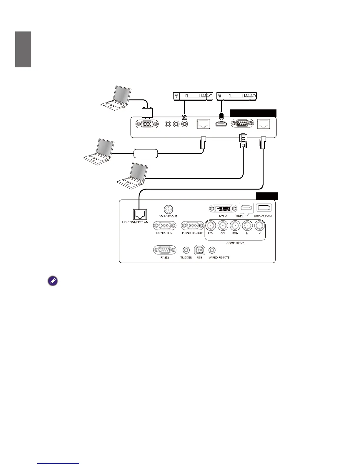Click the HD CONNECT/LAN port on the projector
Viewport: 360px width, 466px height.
(x=139, y=214)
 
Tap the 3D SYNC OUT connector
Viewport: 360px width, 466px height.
(x=168, y=209)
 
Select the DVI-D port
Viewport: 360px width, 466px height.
(x=223, y=209)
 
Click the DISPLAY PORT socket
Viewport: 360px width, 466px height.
(x=264, y=208)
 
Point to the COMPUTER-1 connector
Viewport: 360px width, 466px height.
(x=165, y=226)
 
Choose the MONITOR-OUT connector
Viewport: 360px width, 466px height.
(x=192, y=226)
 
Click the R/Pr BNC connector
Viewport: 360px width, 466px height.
(x=211, y=226)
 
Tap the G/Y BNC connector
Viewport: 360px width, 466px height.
(x=223, y=226)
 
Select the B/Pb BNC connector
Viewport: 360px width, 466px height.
(x=235, y=226)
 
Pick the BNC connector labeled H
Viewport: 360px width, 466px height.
(x=247, y=226)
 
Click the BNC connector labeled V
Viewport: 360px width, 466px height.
(x=259, y=226)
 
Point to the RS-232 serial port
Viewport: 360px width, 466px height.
(x=165, y=250)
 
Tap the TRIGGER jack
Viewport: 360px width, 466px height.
(x=186, y=250)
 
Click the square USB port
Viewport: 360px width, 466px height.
(x=199, y=250)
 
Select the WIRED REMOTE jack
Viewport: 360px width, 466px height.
(x=212, y=250)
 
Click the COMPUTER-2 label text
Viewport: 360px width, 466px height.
(x=235, y=243)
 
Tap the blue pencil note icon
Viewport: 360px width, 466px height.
(x=53, y=281)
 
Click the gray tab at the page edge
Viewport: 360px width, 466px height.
(x=23, y=49)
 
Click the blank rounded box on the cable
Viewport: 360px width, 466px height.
(x=146, y=154)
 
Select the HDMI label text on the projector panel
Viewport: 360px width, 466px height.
(x=239, y=216)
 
